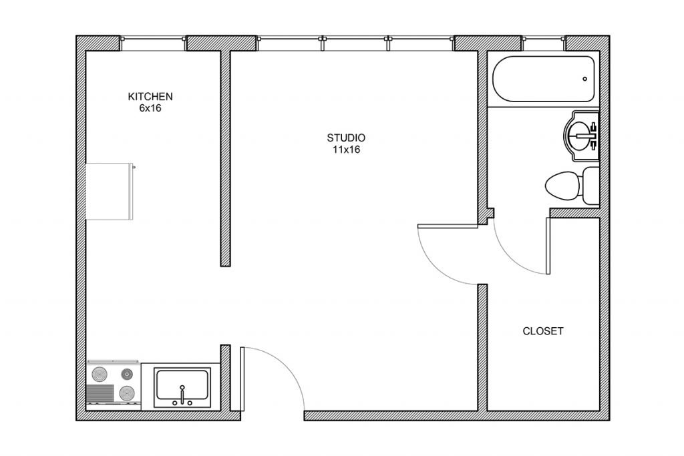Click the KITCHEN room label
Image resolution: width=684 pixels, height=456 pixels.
pyautogui.click(x=150, y=96)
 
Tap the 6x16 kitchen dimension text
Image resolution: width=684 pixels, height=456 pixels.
pyautogui.click(x=150, y=108)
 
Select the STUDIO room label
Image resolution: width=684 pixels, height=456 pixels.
pyautogui.click(x=346, y=138)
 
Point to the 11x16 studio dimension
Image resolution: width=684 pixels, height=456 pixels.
pyautogui.click(x=346, y=150)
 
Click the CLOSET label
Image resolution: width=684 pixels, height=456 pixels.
pyautogui.click(x=542, y=331)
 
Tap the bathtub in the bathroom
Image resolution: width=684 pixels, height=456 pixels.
pyautogui.click(x=544, y=79)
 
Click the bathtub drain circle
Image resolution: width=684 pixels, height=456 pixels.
pyautogui.click(x=584, y=79)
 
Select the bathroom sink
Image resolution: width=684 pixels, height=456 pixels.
pyautogui.click(x=582, y=136)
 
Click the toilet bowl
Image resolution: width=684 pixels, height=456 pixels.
pyautogui.click(x=562, y=186)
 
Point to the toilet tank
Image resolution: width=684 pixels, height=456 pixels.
pyautogui.click(x=590, y=186)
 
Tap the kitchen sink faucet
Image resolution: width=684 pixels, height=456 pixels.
pyautogui.click(x=182, y=395)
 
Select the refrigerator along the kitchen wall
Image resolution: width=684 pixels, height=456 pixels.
pyautogui.click(x=110, y=192)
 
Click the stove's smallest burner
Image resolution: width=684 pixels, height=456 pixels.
pyautogui.click(x=127, y=374)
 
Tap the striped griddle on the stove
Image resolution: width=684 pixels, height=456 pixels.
pyautogui.click(x=100, y=393)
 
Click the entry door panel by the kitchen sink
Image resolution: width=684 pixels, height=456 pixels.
pyautogui.click(x=242, y=379)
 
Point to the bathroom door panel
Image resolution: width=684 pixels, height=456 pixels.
pyautogui.click(x=548, y=246)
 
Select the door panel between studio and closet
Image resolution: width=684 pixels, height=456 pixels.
pyautogui.click(x=448, y=226)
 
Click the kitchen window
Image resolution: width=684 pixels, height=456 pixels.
pyautogui.click(x=153, y=38)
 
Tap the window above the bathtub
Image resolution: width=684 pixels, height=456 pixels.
pyautogui.click(x=544, y=38)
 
